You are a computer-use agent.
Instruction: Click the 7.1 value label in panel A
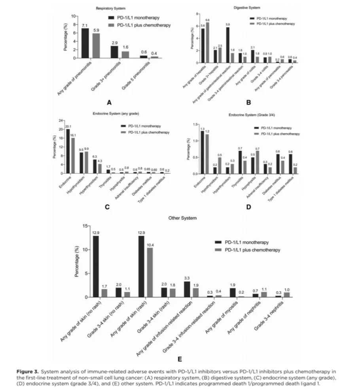[x=84, y=26]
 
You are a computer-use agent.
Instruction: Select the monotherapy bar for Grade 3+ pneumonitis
[x=114, y=52]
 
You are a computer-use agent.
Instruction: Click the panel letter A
[x=110, y=102]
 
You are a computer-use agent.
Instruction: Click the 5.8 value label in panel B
[x=227, y=25]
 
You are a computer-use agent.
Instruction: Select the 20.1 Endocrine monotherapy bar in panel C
[x=68, y=151]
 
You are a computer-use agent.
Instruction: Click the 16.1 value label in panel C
[x=73, y=135]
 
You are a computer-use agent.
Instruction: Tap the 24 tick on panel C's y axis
[x=61, y=120]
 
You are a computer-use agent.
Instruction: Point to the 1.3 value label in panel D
[x=203, y=129]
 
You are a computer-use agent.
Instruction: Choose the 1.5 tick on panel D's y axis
[x=195, y=125]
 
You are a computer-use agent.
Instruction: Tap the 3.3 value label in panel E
[x=188, y=279]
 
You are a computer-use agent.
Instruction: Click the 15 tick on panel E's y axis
[x=84, y=226]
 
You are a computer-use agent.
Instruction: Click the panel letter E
[x=180, y=359]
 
